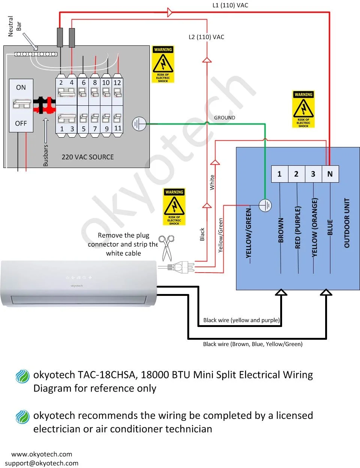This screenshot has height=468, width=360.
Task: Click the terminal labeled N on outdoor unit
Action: click(x=330, y=174)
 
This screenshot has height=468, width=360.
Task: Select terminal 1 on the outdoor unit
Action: click(x=279, y=174)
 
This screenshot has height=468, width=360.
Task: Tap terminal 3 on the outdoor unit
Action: click(x=313, y=174)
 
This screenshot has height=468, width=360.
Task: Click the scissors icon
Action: click(x=166, y=247)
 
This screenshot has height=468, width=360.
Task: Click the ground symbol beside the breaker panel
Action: click(x=139, y=124)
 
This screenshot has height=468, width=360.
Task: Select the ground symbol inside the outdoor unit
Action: click(x=265, y=205)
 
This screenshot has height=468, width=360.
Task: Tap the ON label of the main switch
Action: click(x=21, y=87)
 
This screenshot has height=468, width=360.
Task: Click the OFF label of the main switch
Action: click(x=21, y=123)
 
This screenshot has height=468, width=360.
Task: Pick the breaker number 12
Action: click(x=117, y=82)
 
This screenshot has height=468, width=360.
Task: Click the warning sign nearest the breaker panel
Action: click(x=163, y=64)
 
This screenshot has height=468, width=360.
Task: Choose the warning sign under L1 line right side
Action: click(x=303, y=109)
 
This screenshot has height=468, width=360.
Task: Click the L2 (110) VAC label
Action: click(x=206, y=37)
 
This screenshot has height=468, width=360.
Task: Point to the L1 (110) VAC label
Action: click(x=230, y=5)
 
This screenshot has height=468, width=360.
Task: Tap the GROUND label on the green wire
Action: click(x=225, y=118)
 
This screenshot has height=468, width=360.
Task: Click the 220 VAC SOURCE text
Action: click(x=88, y=157)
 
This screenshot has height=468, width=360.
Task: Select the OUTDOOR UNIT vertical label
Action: click(x=347, y=223)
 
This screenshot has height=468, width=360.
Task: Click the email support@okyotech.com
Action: click(x=42, y=463)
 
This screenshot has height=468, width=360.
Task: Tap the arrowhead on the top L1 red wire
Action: click(x=170, y=12)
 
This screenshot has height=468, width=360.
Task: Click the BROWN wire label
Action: click(x=281, y=230)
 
